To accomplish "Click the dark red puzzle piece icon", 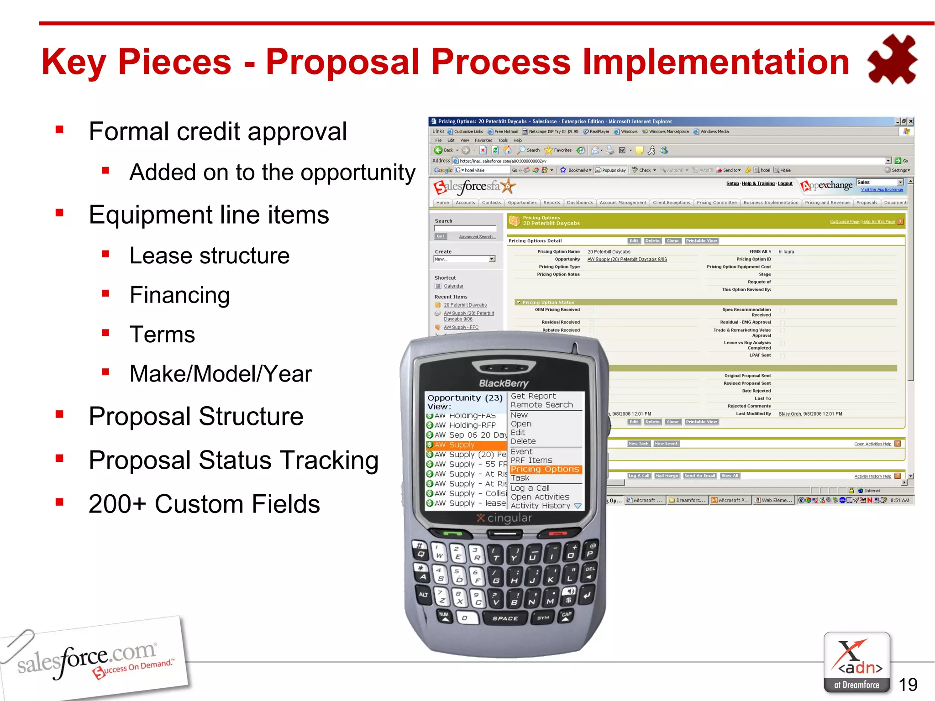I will [x=892, y=59].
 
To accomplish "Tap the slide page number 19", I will [x=908, y=684].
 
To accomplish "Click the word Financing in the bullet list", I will [x=179, y=295].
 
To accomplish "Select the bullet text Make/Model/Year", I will [x=221, y=374].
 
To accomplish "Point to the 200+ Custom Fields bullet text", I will [x=204, y=504].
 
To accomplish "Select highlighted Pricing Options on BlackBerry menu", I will [x=545, y=469].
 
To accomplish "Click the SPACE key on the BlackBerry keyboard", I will [x=505, y=618].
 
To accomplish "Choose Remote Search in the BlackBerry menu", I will [x=541, y=405].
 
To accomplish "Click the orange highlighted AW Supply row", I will [x=466, y=445].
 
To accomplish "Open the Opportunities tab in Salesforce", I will [x=522, y=203].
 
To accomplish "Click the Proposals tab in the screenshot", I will [x=867, y=203].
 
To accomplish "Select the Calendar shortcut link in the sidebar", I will [x=453, y=286].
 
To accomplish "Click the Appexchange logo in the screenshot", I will [x=827, y=186].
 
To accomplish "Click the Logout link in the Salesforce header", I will [x=785, y=183].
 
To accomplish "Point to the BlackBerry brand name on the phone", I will [x=504, y=383].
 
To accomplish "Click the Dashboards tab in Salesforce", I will [x=580, y=203].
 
